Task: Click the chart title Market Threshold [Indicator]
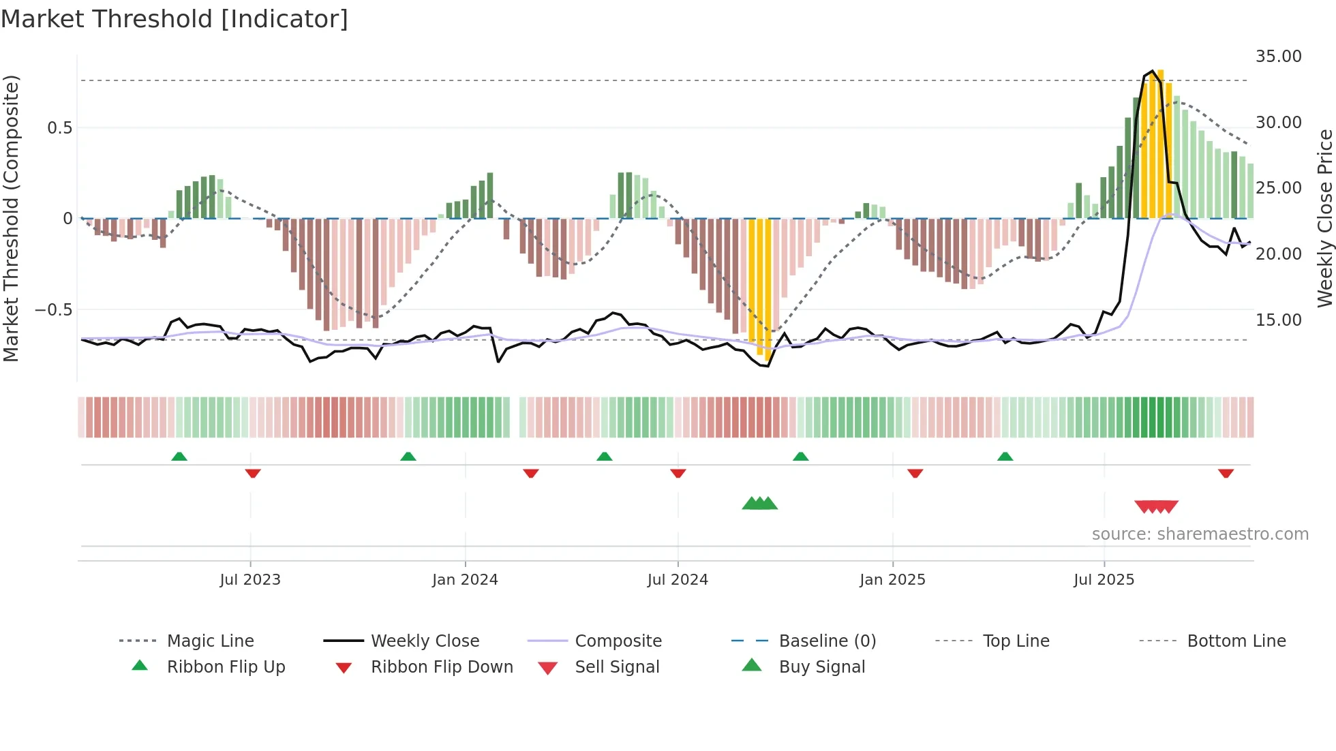[174, 19]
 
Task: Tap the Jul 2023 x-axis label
[250, 580]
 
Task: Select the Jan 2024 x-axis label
[465, 580]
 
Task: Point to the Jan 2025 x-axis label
[892, 580]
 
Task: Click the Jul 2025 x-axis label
[1104, 580]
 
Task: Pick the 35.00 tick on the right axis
[1278, 57]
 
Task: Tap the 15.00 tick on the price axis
[1278, 320]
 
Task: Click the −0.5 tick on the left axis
[53, 310]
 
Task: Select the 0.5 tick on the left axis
[59, 128]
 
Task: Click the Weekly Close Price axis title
[1324, 218]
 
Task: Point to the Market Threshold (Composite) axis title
[11, 218]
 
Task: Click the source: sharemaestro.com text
[1200, 534]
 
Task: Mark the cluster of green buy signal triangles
[759, 504]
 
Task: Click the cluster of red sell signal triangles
[1156, 506]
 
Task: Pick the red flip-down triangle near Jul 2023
[253, 473]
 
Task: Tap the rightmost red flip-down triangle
[1226, 473]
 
